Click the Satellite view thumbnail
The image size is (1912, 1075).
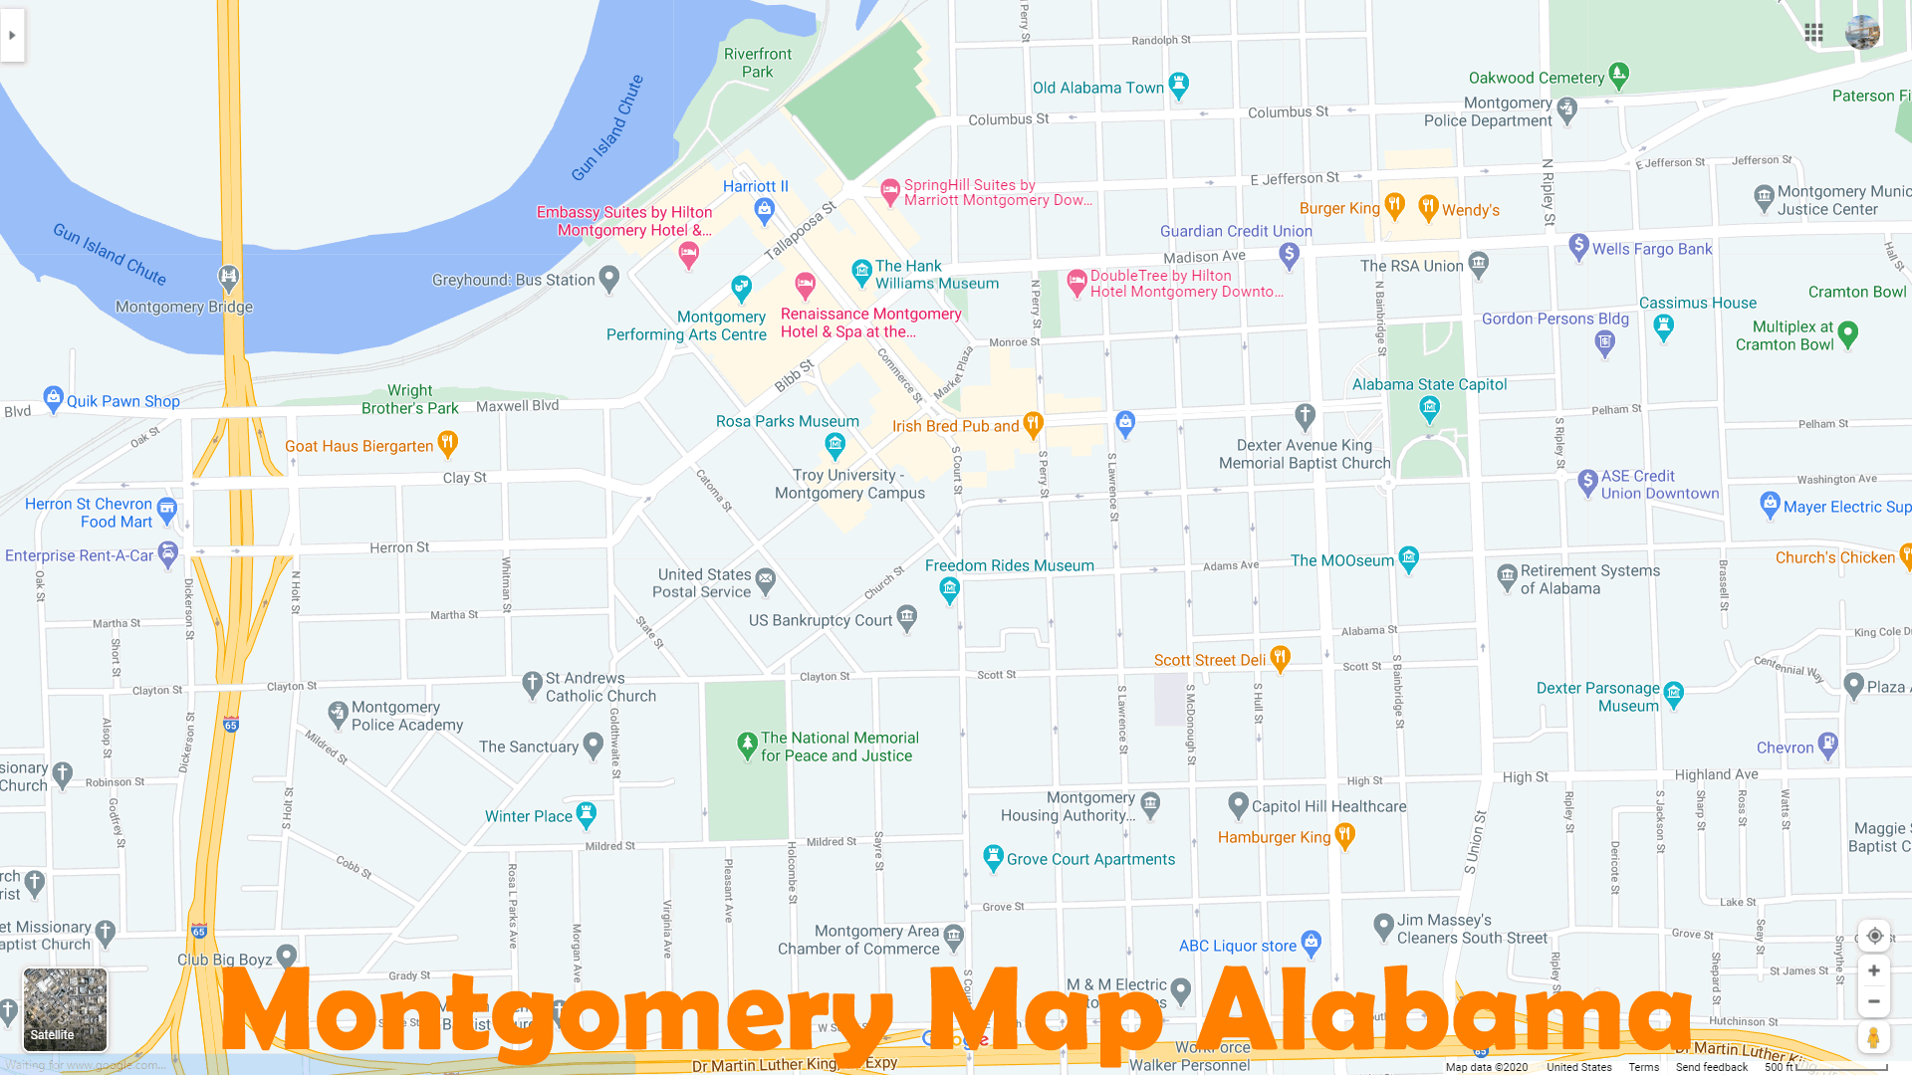pyautogui.click(x=65, y=1008)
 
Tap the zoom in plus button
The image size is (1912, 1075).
pyautogui.click(x=1873, y=970)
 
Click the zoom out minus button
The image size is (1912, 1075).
pyautogui.click(x=1873, y=1001)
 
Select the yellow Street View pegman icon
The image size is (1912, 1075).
pyautogui.click(x=1873, y=1038)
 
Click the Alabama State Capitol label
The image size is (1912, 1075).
pyautogui.click(x=1429, y=384)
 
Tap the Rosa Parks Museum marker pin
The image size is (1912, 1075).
pyautogui.click(x=835, y=444)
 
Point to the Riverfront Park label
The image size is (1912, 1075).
pyautogui.click(x=757, y=63)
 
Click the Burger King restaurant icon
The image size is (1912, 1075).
pyautogui.click(x=1394, y=206)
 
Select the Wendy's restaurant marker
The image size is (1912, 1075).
pyautogui.click(x=1428, y=207)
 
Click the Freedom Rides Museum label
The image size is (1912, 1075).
pyautogui.click(x=1009, y=565)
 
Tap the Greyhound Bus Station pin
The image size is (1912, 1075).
pyautogui.click(x=609, y=279)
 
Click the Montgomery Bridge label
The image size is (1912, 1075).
pyautogui.click(x=184, y=307)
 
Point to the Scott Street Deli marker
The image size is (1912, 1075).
pyautogui.click(x=1281, y=657)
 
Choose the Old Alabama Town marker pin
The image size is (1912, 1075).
pyautogui.click(x=1179, y=85)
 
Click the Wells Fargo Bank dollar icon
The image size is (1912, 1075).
pyautogui.click(x=1578, y=246)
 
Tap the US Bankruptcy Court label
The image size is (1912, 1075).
pyautogui.click(x=820, y=620)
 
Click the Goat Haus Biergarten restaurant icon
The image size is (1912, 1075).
pyautogui.click(x=448, y=442)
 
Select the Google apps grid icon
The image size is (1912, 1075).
pyautogui.click(x=1813, y=33)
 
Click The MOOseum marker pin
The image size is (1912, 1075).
pyautogui.click(x=1408, y=558)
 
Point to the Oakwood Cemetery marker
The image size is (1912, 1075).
pyautogui.click(x=1619, y=75)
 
